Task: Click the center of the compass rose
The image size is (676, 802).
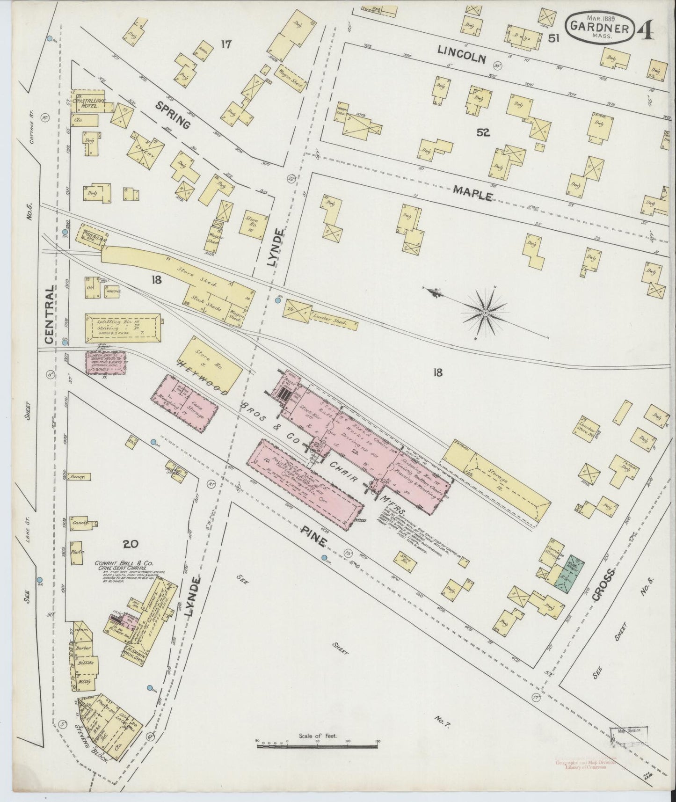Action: tap(485, 312)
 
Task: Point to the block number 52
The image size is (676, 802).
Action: tap(483, 133)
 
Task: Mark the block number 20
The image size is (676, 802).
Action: tap(131, 544)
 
